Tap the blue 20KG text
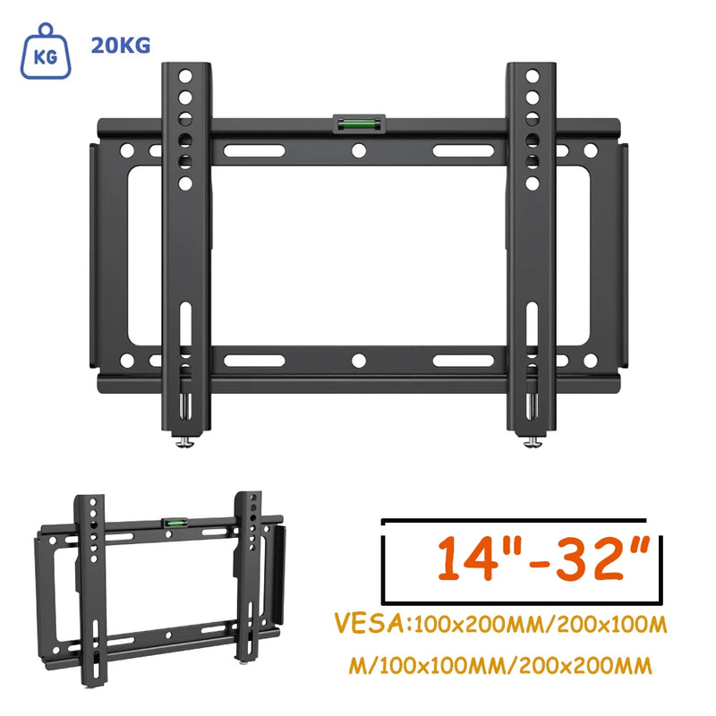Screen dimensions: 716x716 click(x=121, y=45)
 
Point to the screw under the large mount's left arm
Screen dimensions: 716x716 click(x=185, y=441)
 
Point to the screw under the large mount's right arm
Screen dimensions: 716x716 click(x=532, y=441)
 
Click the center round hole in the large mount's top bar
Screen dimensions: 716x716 click(x=358, y=151)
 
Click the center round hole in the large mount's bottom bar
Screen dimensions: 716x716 click(x=358, y=361)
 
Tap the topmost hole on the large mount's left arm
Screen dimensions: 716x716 click(x=185, y=75)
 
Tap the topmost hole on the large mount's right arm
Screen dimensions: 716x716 click(x=532, y=75)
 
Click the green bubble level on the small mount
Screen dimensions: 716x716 click(x=170, y=523)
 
